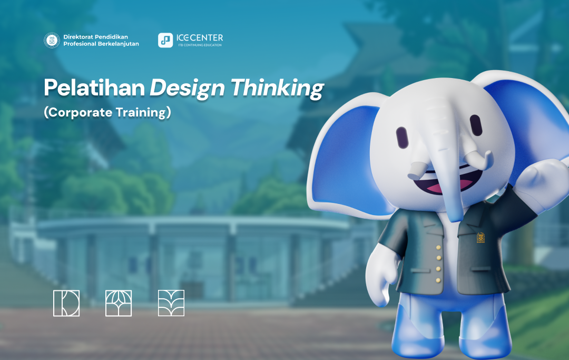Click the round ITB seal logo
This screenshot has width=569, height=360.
(52, 40)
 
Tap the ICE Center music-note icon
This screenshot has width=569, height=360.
(165, 40)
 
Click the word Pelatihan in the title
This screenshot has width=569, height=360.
(94, 88)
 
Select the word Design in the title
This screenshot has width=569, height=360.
(187, 89)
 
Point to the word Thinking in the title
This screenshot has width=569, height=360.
(277, 89)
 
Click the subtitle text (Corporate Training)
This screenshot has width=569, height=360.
(107, 112)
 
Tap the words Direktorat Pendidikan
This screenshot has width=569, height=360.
(96, 37)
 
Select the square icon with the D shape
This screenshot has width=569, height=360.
(66, 303)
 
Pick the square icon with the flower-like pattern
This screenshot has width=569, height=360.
(119, 303)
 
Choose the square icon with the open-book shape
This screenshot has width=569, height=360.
(171, 303)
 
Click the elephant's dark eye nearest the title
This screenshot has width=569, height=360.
(402, 138)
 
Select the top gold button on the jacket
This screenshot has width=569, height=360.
(438, 248)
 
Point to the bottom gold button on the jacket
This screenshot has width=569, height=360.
(438, 280)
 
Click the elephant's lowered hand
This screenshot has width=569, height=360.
(379, 278)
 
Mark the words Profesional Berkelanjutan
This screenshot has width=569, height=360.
(101, 44)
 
